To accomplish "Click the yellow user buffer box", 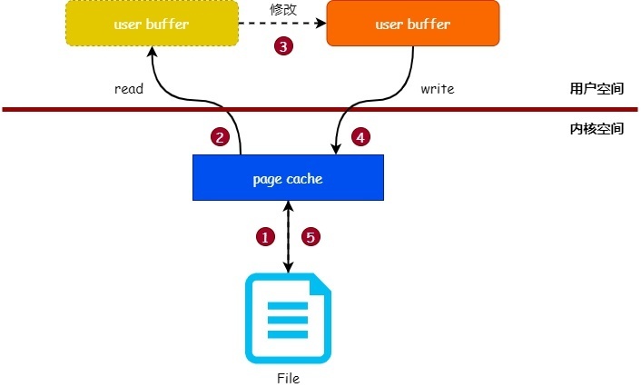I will (x=152, y=25).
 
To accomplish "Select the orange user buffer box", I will (x=412, y=25).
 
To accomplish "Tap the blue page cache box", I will (x=287, y=178).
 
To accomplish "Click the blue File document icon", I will (x=288, y=319).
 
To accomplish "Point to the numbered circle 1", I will (x=265, y=237).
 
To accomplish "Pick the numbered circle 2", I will (x=219, y=137).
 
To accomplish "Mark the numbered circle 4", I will (x=360, y=137).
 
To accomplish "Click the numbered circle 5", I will (x=311, y=237).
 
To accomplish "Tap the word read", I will (x=130, y=90).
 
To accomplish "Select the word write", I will (x=437, y=90).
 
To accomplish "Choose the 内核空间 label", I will (x=596, y=129).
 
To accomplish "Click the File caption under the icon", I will (x=288, y=378).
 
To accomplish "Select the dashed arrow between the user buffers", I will (x=281, y=25).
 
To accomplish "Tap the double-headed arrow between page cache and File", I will (x=289, y=236).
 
